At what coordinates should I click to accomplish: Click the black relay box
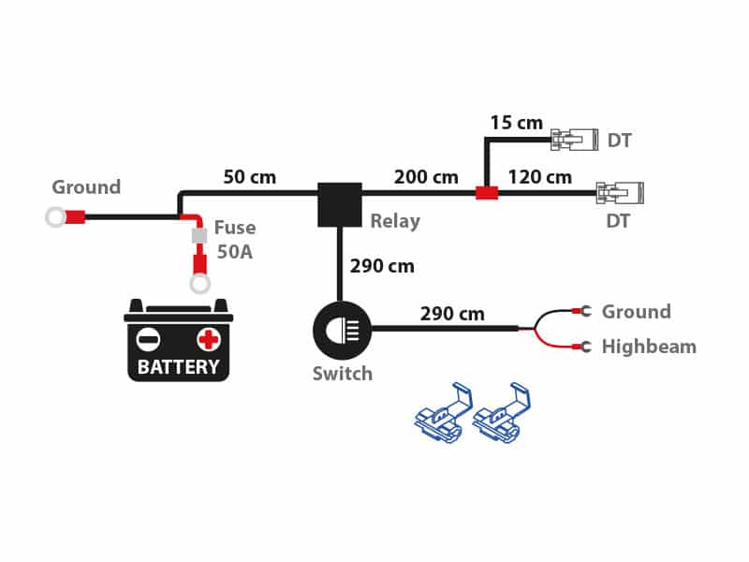[x=340, y=204]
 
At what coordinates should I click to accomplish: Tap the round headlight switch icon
[x=342, y=331]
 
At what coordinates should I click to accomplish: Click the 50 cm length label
[x=250, y=177]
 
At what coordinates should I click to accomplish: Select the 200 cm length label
[x=426, y=177]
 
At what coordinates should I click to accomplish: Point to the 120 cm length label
[x=540, y=177]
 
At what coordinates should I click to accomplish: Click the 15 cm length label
[x=517, y=123]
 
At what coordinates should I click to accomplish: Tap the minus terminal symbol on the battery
[x=148, y=340]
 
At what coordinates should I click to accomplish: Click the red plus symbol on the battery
[x=208, y=340]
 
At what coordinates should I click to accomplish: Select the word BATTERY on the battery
[x=178, y=367]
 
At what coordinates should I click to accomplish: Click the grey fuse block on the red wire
[x=199, y=236]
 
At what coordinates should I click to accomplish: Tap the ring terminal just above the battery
[x=199, y=284]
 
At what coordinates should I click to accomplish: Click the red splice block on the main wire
[x=487, y=193]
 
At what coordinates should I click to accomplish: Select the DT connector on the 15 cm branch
[x=574, y=140]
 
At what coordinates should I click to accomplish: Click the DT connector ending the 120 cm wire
[x=620, y=193]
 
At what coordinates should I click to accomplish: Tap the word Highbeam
[x=649, y=347]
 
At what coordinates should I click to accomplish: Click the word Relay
[x=395, y=221]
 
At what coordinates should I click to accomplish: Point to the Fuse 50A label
[x=235, y=240]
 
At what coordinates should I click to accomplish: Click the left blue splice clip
[x=443, y=413]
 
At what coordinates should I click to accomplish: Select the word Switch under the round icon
[x=343, y=374]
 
